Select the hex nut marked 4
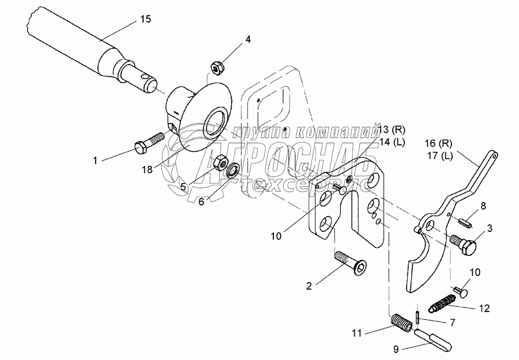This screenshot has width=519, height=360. point(217,69)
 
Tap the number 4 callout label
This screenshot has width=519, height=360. point(247,40)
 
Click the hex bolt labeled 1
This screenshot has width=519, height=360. point(148,144)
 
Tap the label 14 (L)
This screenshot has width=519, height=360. point(392,142)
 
